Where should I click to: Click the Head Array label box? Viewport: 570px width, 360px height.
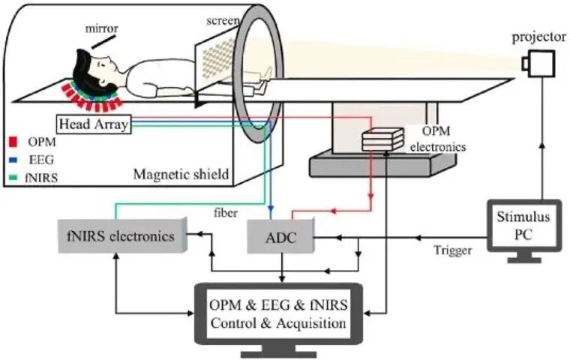(94, 124)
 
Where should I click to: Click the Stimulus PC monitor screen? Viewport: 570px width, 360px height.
(523, 226)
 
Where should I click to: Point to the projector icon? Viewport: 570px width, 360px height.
(538, 64)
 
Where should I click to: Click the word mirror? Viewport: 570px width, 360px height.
(102, 28)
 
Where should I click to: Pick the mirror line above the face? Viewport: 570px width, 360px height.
(104, 42)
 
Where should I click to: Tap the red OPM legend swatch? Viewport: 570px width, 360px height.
(13, 142)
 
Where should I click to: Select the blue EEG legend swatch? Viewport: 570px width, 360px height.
(13, 159)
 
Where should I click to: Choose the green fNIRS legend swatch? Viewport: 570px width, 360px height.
(13, 178)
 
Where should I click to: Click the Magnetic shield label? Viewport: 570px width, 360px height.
(181, 174)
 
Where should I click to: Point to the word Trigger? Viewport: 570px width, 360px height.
(453, 250)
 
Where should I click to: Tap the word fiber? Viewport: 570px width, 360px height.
(226, 212)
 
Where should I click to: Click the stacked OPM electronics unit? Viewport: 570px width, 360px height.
(383, 139)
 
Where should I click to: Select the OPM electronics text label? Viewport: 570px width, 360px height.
(438, 139)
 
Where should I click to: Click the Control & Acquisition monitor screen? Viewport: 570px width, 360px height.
(278, 313)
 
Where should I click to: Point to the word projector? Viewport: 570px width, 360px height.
(539, 37)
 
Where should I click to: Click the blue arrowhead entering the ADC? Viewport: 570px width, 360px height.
(271, 210)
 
